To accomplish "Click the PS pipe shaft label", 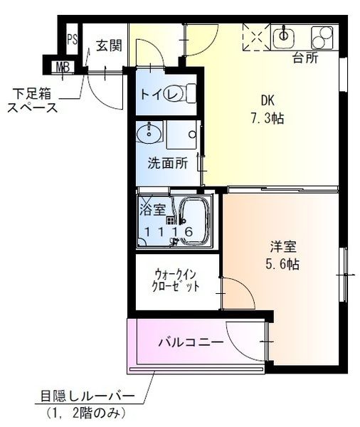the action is pos(72,40).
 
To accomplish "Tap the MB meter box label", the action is pos(63,67).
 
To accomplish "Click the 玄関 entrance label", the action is pos(109,46).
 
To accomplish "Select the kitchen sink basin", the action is pos(284,37).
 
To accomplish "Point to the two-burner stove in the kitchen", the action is pos(322,38).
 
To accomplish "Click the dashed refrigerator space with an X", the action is pos(256,37).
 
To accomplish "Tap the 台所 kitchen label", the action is pos(305,58).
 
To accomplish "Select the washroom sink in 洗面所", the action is pos(149,132).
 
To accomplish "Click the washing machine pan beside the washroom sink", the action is pos(181,135).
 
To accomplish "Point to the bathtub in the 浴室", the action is pos(194,220).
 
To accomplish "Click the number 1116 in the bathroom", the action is pos(169,232).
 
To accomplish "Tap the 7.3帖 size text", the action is pos(267,119).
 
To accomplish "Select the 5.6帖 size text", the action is pos(282,263).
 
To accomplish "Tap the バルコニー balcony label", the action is pos(191,342).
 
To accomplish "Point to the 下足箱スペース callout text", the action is pos(33,101).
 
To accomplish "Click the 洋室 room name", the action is pos(283,247).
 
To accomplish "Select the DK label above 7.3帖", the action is pos(268,101).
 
